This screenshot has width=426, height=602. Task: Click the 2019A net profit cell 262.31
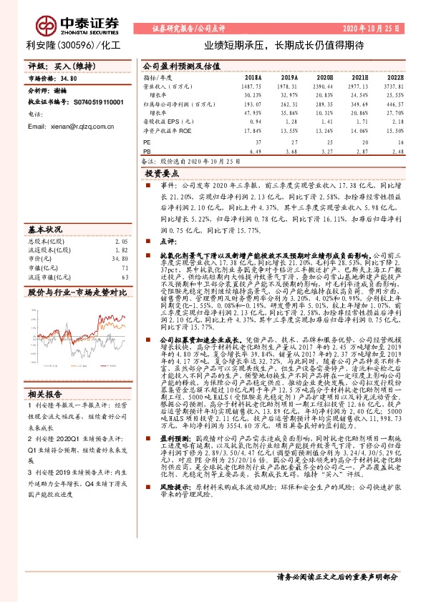288,104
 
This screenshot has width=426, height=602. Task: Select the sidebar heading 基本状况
44,230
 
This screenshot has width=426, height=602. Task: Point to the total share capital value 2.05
122,243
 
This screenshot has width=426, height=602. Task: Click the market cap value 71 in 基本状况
125,268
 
